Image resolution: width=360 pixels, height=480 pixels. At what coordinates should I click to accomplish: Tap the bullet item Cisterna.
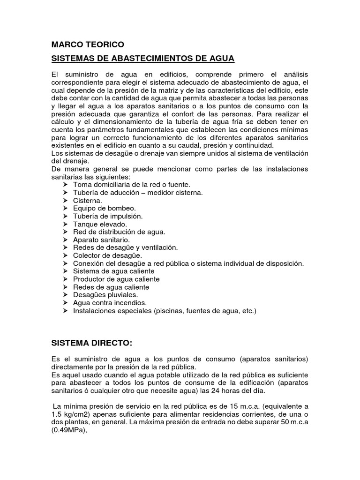coord(88,200)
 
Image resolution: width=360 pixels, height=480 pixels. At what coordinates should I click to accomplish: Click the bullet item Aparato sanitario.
coord(102,240)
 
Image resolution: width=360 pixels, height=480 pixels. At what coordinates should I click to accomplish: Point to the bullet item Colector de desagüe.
coord(107,255)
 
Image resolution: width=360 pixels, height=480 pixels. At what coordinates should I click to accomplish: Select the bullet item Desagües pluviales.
coord(105,295)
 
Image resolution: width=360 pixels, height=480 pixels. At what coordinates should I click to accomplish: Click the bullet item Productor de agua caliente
coord(116,279)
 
